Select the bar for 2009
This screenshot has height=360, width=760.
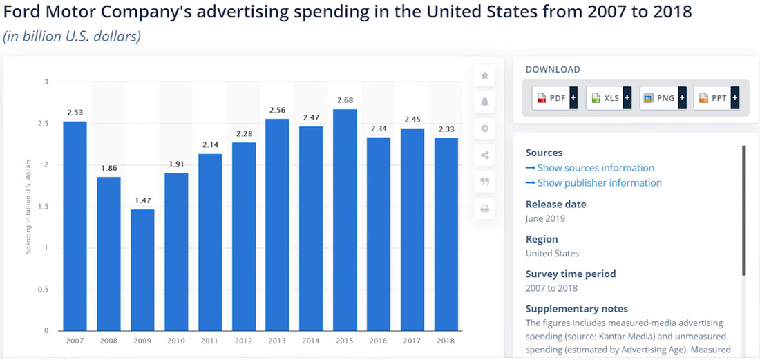click(x=142, y=270)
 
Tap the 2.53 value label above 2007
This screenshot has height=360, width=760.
click(x=75, y=112)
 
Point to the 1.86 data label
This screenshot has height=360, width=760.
click(x=108, y=168)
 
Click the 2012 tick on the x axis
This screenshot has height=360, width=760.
click(x=244, y=341)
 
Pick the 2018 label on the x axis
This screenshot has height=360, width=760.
click(x=446, y=341)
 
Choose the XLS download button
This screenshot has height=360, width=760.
click(x=608, y=98)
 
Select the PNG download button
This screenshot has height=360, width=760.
click(x=662, y=98)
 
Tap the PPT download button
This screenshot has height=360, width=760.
click(x=716, y=98)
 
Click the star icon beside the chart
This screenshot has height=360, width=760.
click(x=484, y=75)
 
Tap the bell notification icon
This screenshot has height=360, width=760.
click(x=484, y=102)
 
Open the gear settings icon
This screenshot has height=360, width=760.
click(x=484, y=129)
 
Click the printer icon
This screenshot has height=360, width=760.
click(x=484, y=209)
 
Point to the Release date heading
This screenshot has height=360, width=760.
click(x=555, y=205)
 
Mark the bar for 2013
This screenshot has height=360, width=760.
click(x=278, y=225)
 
